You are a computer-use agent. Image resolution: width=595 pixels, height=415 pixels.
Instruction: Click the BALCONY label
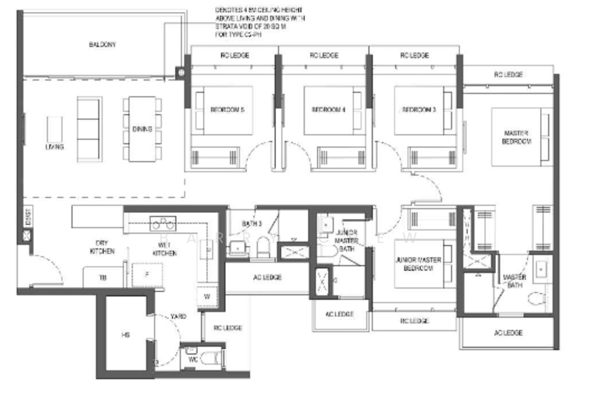[x=101, y=44]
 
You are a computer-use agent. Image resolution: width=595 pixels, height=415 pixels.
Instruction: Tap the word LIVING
[x=54, y=147]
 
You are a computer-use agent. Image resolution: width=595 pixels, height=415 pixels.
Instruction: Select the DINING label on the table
[x=142, y=129]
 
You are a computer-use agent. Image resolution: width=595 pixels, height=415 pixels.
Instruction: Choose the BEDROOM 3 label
[x=418, y=110]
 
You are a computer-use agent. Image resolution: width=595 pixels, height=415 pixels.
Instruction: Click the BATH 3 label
[x=251, y=224]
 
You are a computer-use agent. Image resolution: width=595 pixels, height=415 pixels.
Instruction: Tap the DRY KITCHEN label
[x=103, y=247]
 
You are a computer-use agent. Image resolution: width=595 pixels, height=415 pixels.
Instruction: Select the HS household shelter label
[x=125, y=335]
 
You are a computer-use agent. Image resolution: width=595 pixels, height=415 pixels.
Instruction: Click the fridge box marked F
[x=147, y=274]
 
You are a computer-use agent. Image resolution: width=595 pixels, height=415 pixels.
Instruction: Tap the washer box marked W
[x=208, y=296]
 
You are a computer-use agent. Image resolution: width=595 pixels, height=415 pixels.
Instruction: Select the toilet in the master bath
[x=535, y=300]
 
